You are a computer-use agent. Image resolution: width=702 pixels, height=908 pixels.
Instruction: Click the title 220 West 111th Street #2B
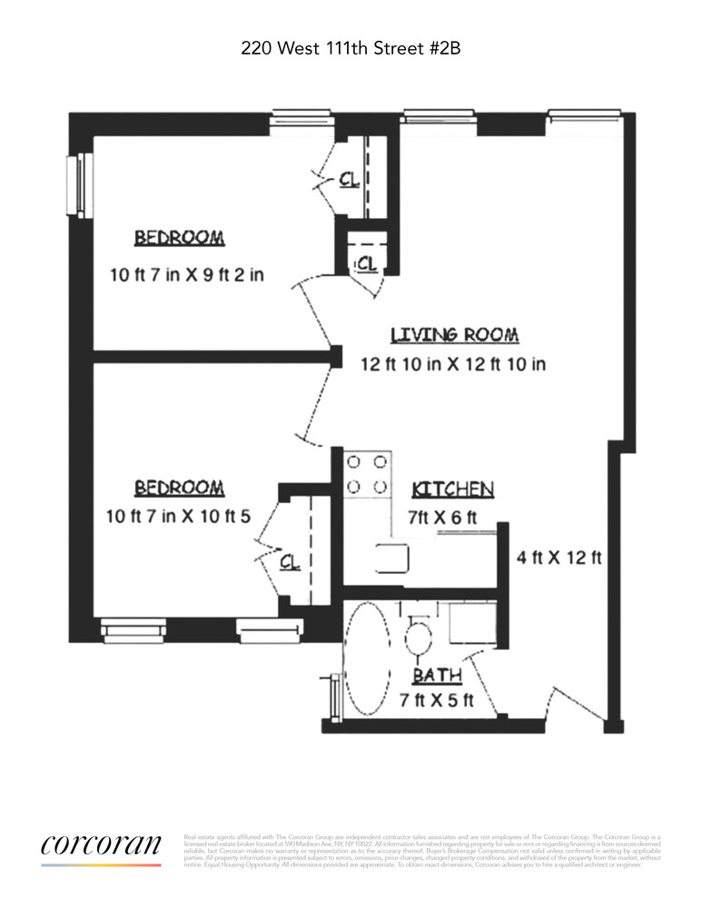coord(351,47)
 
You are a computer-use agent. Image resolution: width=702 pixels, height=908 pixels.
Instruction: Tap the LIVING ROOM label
coord(454,335)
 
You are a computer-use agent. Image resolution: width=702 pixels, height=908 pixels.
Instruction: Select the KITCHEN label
coord(452,489)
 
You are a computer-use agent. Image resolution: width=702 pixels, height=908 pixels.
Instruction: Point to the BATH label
coord(437,676)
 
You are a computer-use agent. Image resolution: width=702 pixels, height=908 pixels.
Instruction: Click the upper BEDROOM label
coord(179,238)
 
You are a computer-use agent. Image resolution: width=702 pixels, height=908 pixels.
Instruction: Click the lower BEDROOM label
coord(179,489)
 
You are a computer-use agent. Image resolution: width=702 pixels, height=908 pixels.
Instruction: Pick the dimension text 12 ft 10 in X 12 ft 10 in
coord(454,364)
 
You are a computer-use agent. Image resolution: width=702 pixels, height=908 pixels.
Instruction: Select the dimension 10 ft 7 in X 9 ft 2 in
coord(185,273)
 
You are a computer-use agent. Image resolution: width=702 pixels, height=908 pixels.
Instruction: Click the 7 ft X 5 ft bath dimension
coord(438,701)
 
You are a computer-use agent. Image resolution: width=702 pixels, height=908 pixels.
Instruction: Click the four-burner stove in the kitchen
coord(366,475)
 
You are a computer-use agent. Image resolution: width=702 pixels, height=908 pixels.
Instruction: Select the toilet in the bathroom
coord(419,637)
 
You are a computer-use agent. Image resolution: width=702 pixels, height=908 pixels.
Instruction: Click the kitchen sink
coord(392,557)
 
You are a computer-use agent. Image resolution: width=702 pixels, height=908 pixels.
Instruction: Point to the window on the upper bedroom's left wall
coord(80,186)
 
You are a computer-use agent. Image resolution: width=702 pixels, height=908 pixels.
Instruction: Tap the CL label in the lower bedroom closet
coord(290,562)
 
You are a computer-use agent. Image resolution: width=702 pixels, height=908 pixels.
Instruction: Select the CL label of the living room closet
coord(366,263)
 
